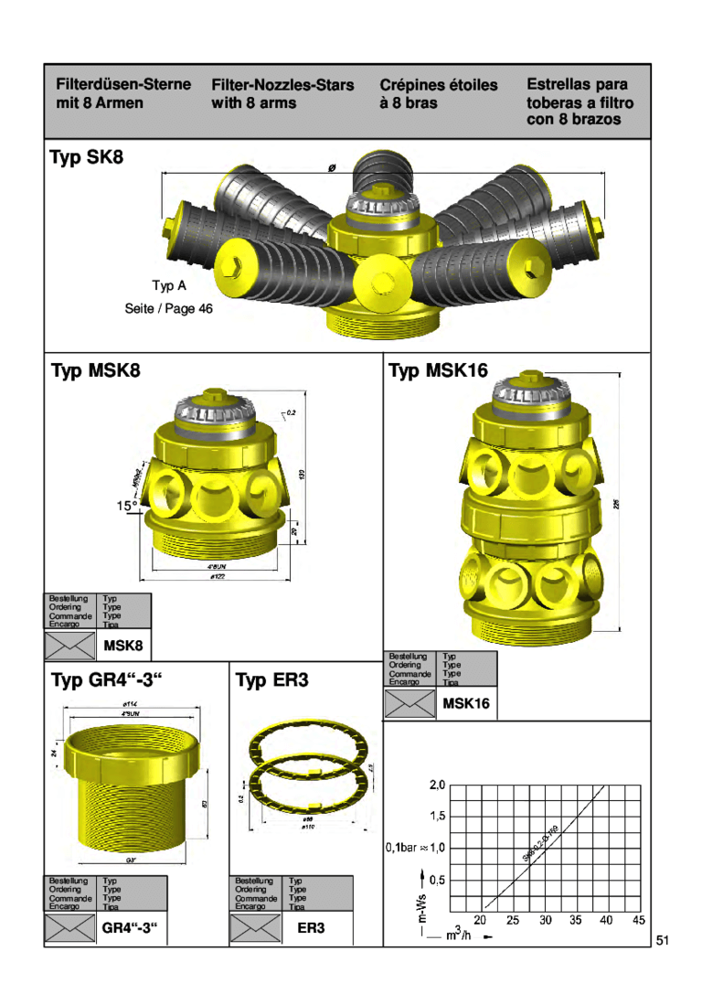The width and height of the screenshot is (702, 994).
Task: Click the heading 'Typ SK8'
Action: click(x=86, y=158)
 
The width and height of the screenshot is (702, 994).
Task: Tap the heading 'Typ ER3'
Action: click(x=272, y=680)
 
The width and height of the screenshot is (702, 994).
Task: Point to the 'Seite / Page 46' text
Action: click(x=168, y=309)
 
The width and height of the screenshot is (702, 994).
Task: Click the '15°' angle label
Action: click(x=126, y=505)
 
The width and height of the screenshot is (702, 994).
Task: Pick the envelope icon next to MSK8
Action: click(x=70, y=646)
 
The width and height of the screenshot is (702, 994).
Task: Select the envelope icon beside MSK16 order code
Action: click(x=409, y=703)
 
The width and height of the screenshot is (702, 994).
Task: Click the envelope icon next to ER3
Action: click(x=255, y=928)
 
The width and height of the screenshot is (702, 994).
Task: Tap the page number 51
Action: click(x=663, y=941)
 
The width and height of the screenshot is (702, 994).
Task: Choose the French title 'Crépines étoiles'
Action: click(x=439, y=85)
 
